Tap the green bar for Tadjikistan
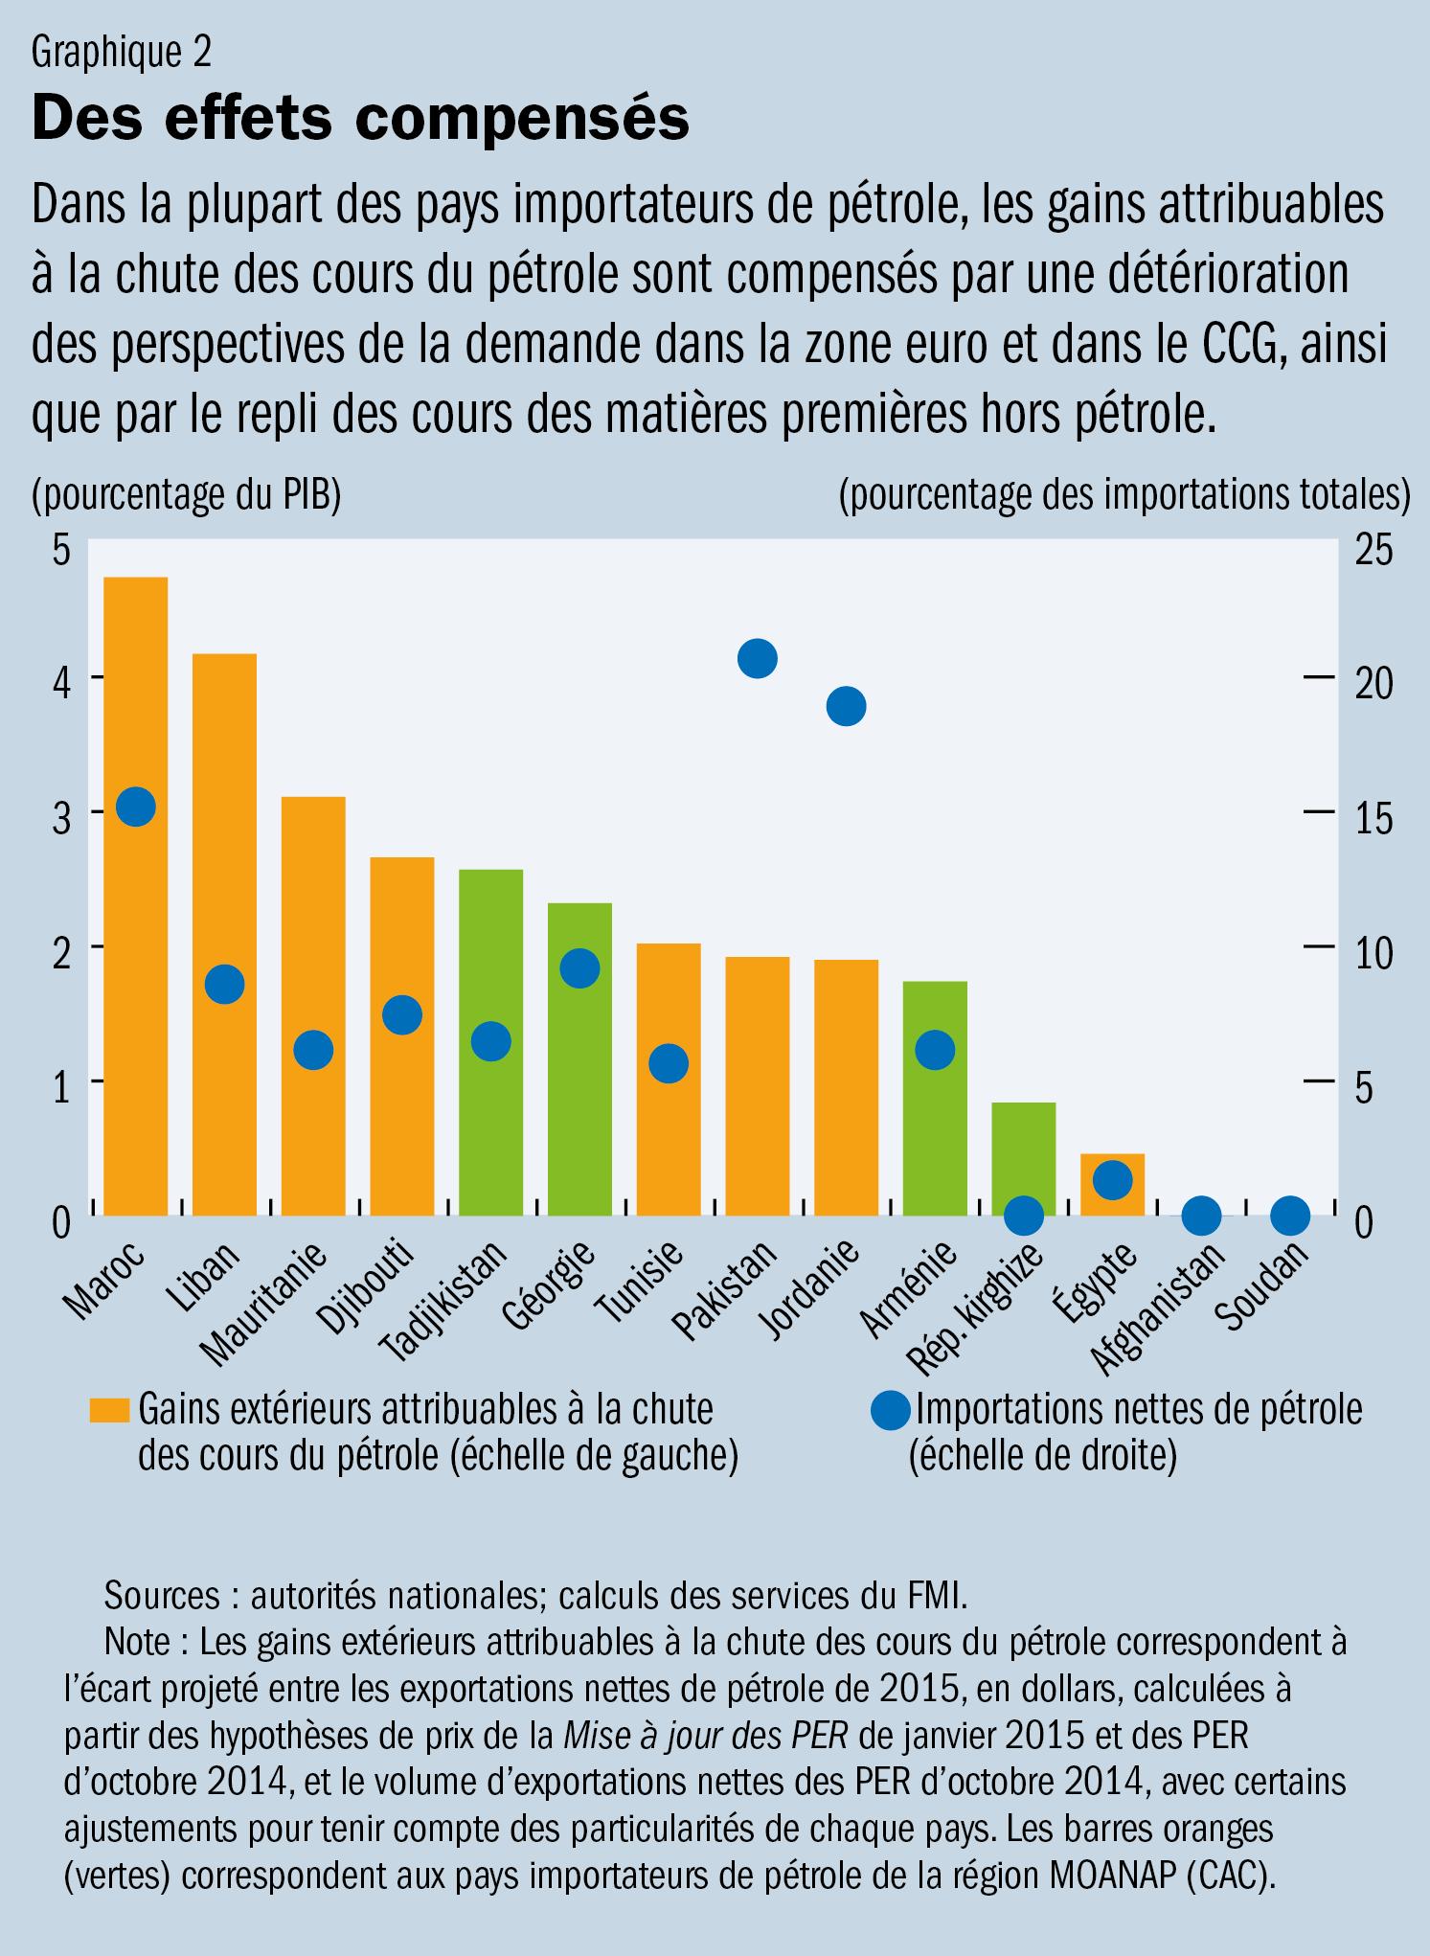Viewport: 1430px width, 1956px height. click(490, 1130)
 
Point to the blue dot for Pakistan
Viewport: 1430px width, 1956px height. click(757, 659)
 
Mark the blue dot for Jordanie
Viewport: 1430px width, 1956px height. click(846, 706)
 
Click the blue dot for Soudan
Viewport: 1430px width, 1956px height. click(1290, 1216)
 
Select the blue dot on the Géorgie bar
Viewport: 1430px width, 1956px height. click(579, 968)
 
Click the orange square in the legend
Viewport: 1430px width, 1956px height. click(109, 1410)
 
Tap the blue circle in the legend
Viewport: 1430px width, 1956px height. click(889, 1412)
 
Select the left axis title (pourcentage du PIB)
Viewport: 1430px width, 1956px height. click(187, 496)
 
